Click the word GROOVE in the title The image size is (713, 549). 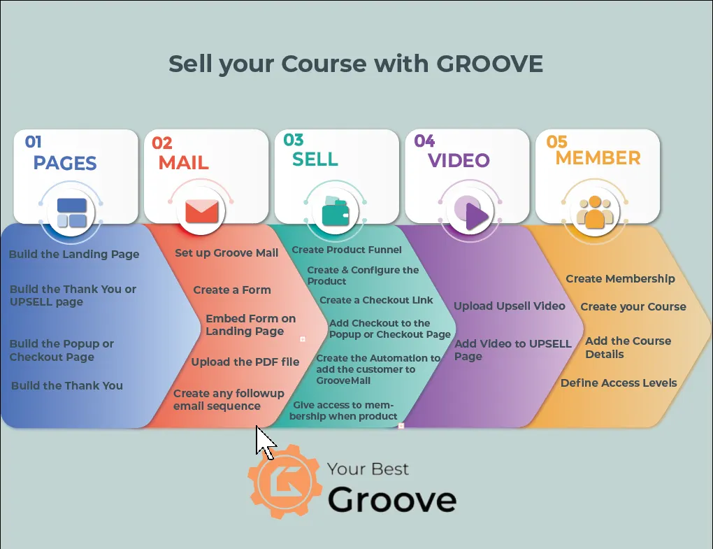tap(490, 64)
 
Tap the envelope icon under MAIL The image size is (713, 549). tap(202, 211)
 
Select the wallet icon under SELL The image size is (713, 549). tap(335, 211)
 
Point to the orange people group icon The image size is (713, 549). tap(595, 212)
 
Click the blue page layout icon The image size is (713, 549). tap(72, 213)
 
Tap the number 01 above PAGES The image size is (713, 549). tap(33, 142)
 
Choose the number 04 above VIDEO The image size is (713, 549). tap(424, 141)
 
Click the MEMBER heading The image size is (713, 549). tap(598, 158)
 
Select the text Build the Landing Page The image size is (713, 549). tap(74, 255)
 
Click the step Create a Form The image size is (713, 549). tap(232, 290)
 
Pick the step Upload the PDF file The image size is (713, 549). tap(245, 362)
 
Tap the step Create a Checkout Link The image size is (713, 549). tap(376, 300)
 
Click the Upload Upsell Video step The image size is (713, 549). tap(510, 306)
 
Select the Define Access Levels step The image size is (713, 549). tap(619, 383)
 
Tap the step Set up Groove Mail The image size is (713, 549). tap(226, 253)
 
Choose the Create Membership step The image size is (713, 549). tap(620, 279)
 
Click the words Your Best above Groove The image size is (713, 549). tap(368, 469)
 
